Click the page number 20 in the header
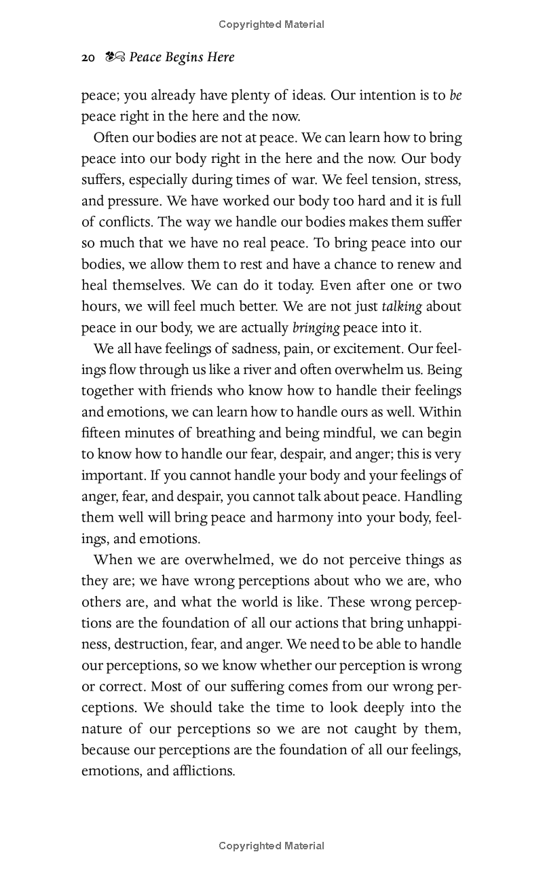pos(88,58)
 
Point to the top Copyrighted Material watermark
pos(271,24)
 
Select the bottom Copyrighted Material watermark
pos(271,846)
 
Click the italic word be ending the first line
pos(455,95)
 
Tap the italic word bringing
pos(316,328)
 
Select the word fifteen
pos(102,432)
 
